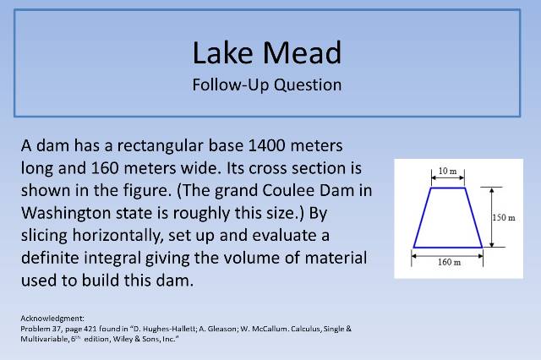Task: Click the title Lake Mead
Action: tap(267, 52)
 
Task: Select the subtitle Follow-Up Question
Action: tap(267, 85)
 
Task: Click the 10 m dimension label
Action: tap(449, 172)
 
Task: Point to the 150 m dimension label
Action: tap(503, 218)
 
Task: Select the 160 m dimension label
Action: tap(448, 262)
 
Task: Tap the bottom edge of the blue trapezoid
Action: tap(448, 248)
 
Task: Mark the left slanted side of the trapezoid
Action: tap(422, 218)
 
